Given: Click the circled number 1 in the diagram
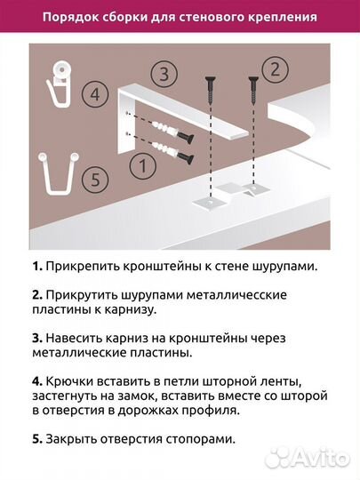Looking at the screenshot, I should (138, 164).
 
